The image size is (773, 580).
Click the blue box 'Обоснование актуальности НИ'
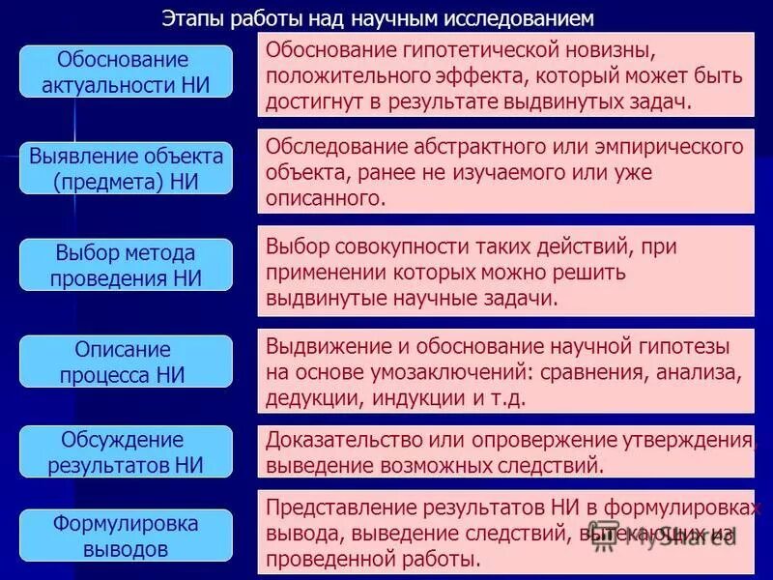(127, 71)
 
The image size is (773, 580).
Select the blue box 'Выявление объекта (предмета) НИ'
(127, 167)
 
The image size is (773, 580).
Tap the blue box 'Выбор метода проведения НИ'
(127, 265)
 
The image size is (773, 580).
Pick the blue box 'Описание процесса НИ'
(127, 362)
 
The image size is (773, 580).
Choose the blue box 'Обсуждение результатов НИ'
(127, 451)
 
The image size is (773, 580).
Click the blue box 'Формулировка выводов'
(127, 536)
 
